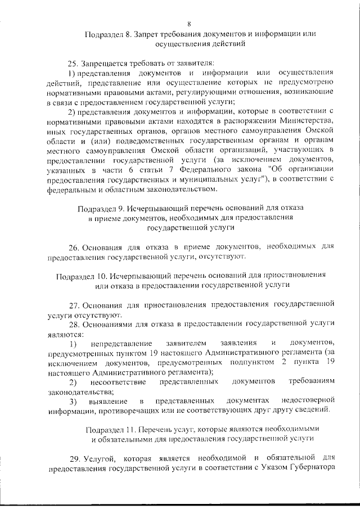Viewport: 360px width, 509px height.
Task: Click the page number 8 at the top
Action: [x=190, y=24]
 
